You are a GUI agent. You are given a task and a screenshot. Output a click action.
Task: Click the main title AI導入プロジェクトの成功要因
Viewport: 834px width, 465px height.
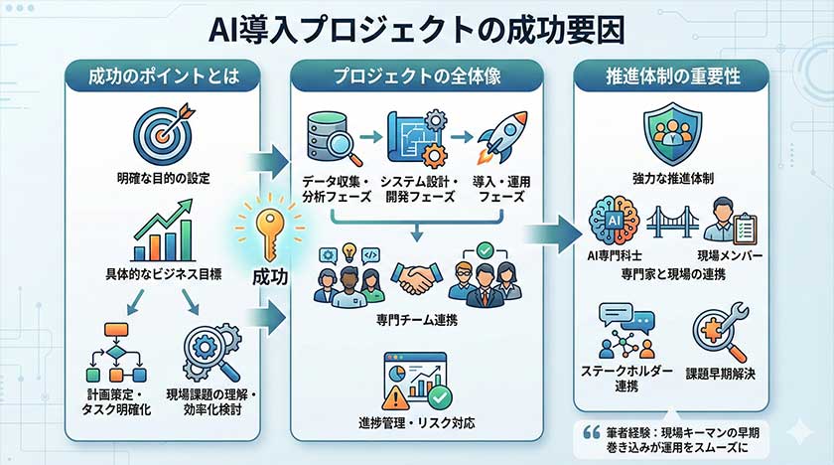coord(417,28)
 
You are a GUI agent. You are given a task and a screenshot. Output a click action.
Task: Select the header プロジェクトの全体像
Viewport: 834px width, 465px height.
coord(417,77)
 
